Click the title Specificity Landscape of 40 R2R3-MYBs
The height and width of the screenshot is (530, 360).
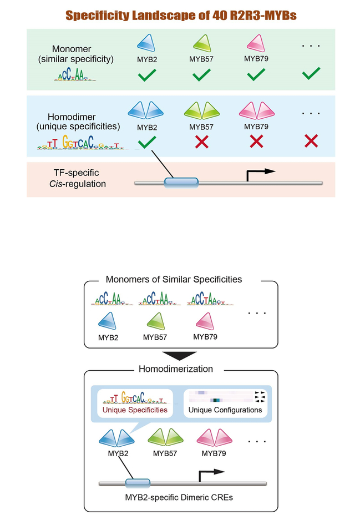[181, 16]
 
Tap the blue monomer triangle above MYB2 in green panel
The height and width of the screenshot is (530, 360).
[145, 42]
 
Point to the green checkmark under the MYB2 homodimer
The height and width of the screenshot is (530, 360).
[145, 142]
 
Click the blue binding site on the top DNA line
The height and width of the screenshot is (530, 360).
[181, 182]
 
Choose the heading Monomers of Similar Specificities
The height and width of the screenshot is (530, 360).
[181, 279]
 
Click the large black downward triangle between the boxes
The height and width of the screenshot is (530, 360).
[181, 355]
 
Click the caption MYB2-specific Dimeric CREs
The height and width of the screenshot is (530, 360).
[180, 497]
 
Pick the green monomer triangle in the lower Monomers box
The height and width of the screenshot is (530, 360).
[155, 322]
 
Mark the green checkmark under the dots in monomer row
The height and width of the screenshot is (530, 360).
[311, 73]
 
